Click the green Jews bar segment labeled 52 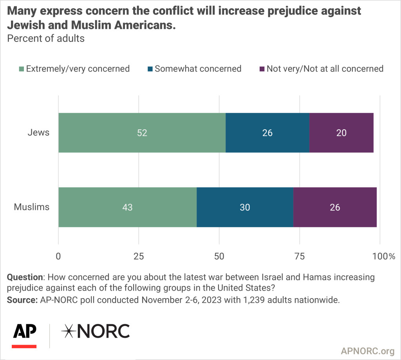[x=142, y=133]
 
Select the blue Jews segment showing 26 [x=267, y=133]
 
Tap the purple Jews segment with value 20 [x=341, y=133]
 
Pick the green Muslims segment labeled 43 [x=127, y=207]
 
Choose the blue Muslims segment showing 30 [x=245, y=207]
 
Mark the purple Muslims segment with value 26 [x=335, y=207]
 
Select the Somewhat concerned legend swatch [x=150, y=69]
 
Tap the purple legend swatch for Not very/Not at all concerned [x=262, y=69]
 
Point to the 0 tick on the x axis [x=59, y=257]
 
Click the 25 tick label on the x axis [x=139, y=257]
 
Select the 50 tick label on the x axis [x=219, y=257]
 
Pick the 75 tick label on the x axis [x=300, y=257]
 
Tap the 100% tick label [x=384, y=257]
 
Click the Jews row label [x=38, y=132]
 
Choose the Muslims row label [x=32, y=207]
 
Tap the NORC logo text [x=96, y=331]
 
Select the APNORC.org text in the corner [x=367, y=350]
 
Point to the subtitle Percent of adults [x=46, y=39]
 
